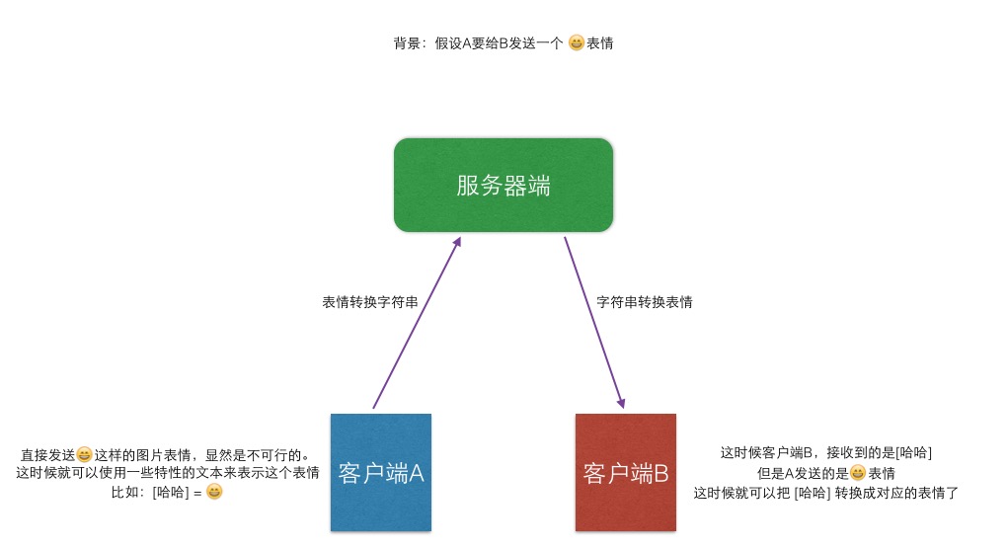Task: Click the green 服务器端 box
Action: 504,186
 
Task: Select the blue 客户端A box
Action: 381,473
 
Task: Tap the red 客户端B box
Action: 626,473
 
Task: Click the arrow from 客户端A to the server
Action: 415,326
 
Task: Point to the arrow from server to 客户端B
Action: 595,326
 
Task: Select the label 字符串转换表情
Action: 645,302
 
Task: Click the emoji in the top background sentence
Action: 577,43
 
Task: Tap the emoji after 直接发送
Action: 85,455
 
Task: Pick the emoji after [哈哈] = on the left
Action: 214,491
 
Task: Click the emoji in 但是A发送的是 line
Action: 857,473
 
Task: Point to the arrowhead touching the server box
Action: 456,243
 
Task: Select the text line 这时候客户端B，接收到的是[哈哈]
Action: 826,453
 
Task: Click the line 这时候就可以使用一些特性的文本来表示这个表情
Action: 168,473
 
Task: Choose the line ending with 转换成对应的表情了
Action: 826,493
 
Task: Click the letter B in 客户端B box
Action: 660,473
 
